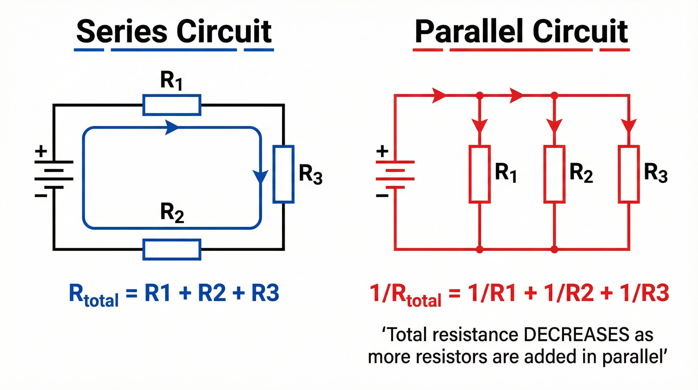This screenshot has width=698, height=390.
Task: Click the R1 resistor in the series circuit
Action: point(172,105)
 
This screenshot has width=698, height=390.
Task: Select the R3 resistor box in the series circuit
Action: point(283,174)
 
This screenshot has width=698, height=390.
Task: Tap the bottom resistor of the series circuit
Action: point(172,250)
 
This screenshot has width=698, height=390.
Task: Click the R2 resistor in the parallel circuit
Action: point(554,174)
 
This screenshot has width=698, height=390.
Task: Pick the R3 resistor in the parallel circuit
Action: point(629,174)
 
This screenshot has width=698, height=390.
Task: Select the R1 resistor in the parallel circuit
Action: point(480,174)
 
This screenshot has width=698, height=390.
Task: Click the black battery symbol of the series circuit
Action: point(54,174)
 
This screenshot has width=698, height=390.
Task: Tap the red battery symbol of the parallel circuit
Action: point(395,174)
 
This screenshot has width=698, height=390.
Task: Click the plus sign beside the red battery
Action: point(382,151)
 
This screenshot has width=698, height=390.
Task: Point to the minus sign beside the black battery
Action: point(41,196)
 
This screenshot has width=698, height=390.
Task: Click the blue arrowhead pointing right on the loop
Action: point(171,127)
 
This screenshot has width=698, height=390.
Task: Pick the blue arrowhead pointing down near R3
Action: point(260,176)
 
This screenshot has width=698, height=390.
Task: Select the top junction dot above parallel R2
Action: point(554,95)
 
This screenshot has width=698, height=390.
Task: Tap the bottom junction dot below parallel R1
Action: point(480,249)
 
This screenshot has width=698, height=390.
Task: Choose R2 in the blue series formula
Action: point(212,293)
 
